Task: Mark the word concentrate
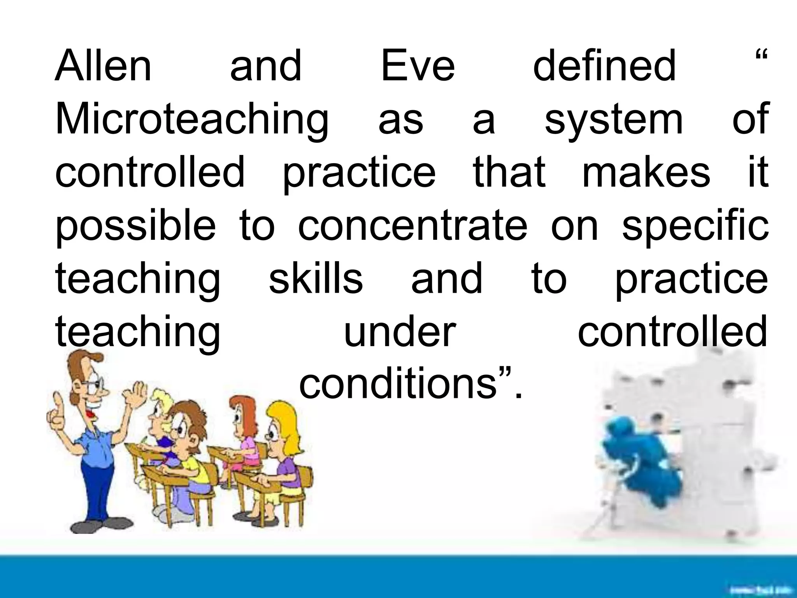click(x=413, y=225)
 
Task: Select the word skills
click(x=316, y=278)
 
